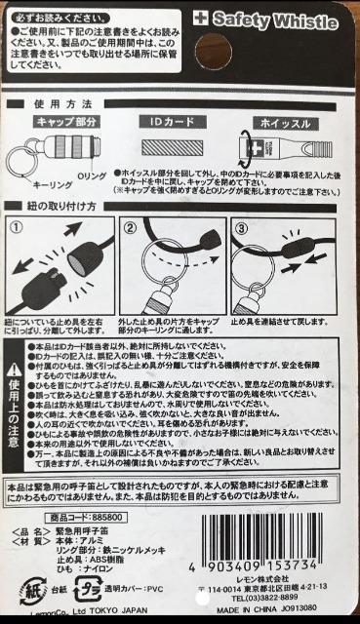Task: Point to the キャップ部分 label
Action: point(67,122)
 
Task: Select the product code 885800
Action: point(109,517)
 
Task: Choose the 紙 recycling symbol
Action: point(32,588)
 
